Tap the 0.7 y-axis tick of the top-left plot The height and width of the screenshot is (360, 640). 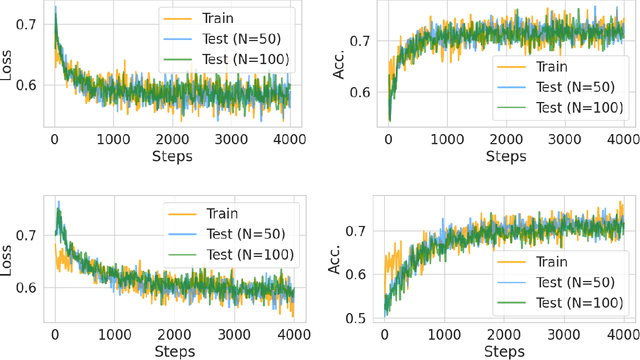29,22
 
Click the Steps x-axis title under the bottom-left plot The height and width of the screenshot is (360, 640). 174,352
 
